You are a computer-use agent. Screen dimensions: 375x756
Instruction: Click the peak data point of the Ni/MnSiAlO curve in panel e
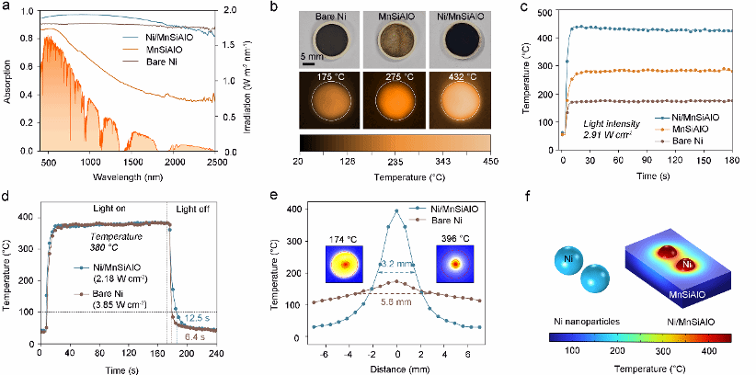click(397, 210)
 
